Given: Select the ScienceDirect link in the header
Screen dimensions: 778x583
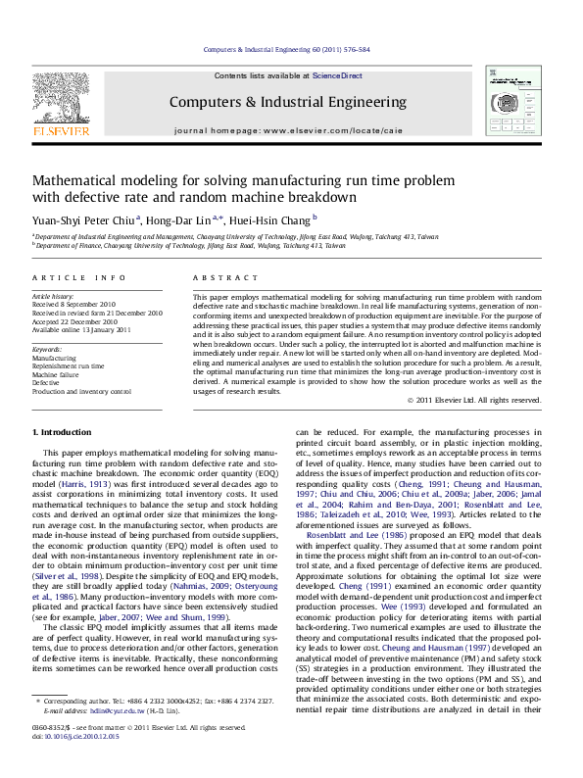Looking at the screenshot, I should (x=337, y=75).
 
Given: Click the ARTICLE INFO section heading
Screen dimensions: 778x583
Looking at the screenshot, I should (x=78, y=278).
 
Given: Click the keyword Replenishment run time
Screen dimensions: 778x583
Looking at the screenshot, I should (x=69, y=365).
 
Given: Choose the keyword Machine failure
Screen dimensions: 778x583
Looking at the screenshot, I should (x=57, y=374).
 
